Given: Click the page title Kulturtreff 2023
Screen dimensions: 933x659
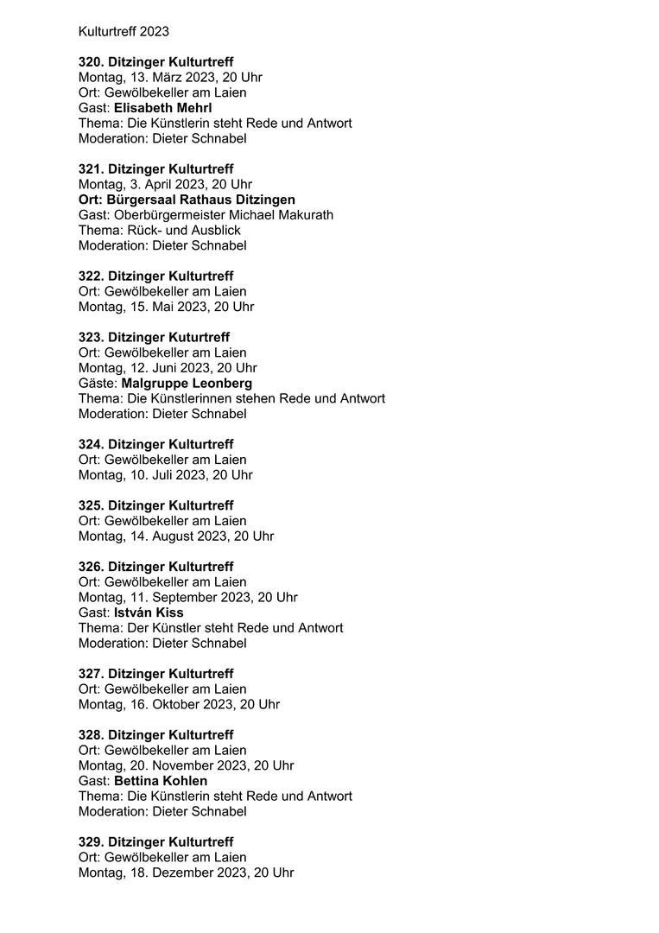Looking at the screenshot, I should coord(124,32).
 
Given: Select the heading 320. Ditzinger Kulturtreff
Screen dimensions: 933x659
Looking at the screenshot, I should coord(155,62).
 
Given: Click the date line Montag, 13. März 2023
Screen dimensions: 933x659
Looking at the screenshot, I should coord(170,77).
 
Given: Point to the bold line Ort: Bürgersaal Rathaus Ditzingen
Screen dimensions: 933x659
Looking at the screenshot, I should coord(187,200).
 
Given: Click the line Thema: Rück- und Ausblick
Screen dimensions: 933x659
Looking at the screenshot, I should coord(159,231).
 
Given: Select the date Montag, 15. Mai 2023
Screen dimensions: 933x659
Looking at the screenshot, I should coord(166,307).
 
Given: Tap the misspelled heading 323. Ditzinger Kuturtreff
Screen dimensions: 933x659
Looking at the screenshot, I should coord(154,337).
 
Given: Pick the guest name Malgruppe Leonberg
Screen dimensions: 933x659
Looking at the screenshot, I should coord(187,383).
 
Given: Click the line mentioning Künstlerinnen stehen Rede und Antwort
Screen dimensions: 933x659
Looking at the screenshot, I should coord(231,398).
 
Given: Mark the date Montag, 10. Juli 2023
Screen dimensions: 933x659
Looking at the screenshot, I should coord(165,475).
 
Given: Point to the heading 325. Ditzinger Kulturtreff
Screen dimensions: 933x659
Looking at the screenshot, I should coord(155,505).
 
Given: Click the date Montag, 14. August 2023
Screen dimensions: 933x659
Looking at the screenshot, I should coord(175,536).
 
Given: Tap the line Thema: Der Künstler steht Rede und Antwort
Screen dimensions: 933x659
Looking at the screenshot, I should coord(210,628).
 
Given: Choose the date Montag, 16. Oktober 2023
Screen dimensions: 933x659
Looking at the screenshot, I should coord(179,704).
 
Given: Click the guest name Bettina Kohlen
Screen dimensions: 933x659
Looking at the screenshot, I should coord(161,781).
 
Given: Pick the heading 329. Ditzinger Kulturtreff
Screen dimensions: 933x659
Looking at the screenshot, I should coord(155,842).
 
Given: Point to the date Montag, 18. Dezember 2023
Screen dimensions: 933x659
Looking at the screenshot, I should coord(186,873).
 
